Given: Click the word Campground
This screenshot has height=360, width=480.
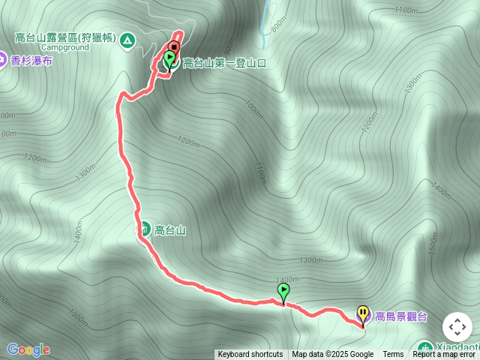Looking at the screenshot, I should pyautogui.click(x=64, y=46).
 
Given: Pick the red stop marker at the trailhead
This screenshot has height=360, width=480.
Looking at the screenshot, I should pyautogui.click(x=173, y=46).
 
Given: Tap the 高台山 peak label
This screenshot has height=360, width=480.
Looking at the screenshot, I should pyautogui.click(x=169, y=230).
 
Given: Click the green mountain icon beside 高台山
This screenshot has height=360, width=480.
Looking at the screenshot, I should pyautogui.click(x=143, y=229).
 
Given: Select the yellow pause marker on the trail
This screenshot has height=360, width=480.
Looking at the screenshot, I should pyautogui.click(x=363, y=313).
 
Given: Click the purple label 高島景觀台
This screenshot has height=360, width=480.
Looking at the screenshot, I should pyautogui.click(x=400, y=316).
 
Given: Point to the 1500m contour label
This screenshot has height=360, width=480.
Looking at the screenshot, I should pyautogui.click(x=433, y=246).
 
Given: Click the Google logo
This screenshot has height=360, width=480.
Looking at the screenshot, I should pyautogui.click(x=28, y=349).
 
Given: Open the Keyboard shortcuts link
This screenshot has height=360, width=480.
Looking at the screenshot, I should pyautogui.click(x=250, y=355).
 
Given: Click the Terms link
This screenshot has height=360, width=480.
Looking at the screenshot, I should pyautogui.click(x=393, y=355).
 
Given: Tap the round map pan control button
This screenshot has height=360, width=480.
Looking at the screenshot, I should pyautogui.click(x=457, y=327).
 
